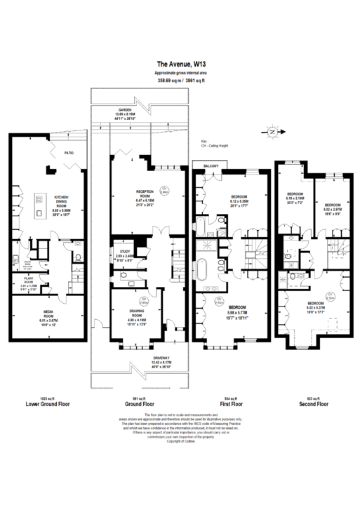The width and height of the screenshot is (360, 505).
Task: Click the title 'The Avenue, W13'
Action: pos(180,63)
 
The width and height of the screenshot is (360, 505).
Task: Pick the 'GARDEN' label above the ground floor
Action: pos(124,110)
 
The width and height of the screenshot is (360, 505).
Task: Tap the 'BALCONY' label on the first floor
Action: pos(211,166)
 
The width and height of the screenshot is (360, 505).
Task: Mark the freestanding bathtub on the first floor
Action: pos(204,269)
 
